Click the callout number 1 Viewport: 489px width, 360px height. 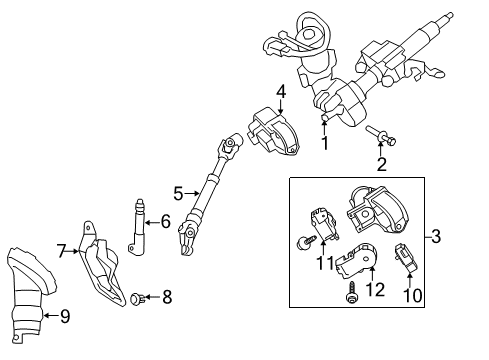324,143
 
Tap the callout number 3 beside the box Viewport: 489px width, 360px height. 435,265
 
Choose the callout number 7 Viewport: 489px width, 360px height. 60,249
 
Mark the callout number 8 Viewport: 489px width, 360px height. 168,296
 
